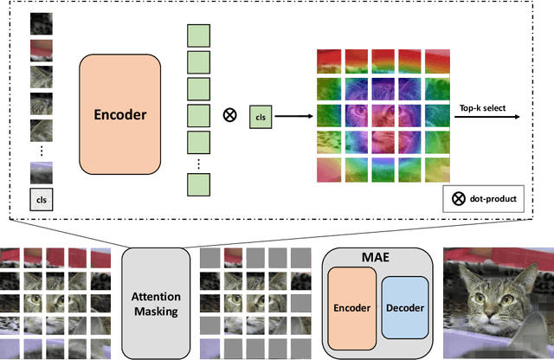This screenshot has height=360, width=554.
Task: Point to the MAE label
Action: tap(376, 258)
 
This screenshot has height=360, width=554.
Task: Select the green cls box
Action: tap(260, 114)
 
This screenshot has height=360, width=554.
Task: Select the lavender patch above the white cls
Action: tap(40, 174)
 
